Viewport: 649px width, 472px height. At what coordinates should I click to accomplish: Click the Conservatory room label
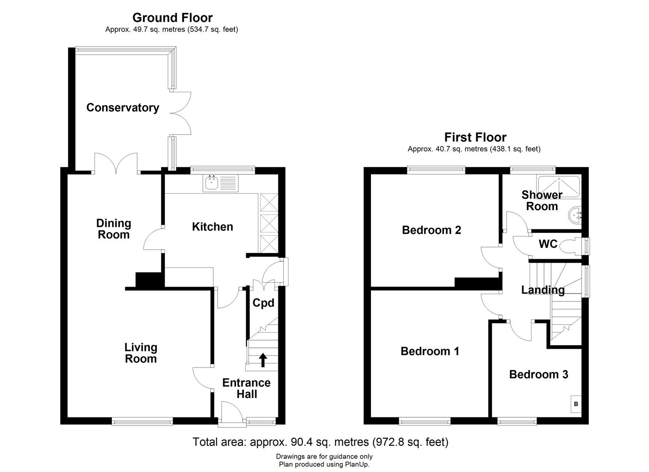122,108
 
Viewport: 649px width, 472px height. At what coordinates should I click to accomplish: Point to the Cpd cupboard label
264,303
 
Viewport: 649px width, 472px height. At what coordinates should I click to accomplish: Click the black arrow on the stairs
263,360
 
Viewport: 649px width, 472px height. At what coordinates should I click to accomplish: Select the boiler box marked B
576,404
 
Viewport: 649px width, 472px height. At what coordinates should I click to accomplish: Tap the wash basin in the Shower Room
576,215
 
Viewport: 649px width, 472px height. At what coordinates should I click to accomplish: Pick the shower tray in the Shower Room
558,182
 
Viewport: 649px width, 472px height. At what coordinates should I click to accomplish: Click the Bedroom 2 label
431,230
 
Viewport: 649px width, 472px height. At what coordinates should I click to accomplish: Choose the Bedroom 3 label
538,375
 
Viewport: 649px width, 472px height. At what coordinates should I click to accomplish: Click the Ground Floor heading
172,18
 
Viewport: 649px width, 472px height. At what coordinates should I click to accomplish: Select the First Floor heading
475,138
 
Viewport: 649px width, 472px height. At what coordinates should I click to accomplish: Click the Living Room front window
142,421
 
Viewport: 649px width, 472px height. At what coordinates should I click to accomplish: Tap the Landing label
543,290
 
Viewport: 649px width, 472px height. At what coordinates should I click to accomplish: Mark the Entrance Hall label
246,388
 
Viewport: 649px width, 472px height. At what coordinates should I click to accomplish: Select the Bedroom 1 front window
424,421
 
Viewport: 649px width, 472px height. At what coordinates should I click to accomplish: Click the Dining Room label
113,229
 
